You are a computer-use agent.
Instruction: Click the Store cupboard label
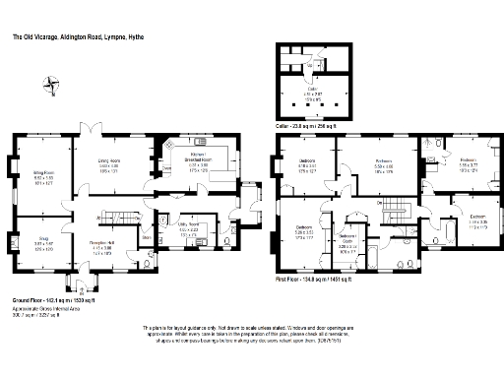(x=146, y=236)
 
